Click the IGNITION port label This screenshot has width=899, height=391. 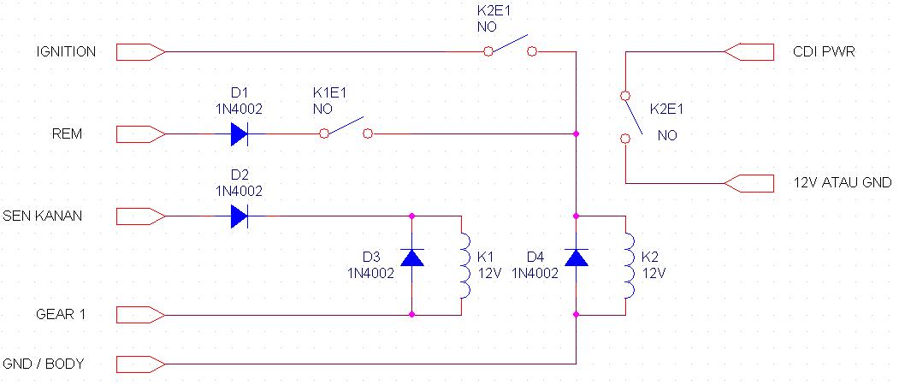(x=65, y=52)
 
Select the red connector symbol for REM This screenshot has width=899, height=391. (x=139, y=134)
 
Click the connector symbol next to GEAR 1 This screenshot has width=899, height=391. (x=139, y=315)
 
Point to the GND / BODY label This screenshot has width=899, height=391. (x=44, y=364)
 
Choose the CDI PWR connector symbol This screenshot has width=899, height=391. (x=750, y=52)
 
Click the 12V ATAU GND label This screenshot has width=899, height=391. (x=843, y=182)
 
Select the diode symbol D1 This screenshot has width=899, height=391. (x=239, y=134)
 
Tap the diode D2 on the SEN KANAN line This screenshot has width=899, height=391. (x=239, y=216)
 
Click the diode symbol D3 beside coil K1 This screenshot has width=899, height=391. (x=413, y=258)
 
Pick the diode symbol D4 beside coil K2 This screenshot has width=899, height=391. (x=577, y=258)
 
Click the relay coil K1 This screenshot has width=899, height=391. (x=464, y=265)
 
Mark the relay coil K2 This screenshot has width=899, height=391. (x=629, y=265)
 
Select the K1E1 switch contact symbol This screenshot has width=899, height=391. (x=345, y=128)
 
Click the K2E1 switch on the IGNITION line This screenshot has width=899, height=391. (x=510, y=46)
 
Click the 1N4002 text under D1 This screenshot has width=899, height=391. (x=239, y=110)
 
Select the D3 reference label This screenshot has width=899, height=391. (x=370, y=257)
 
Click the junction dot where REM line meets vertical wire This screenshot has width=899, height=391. (x=577, y=134)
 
